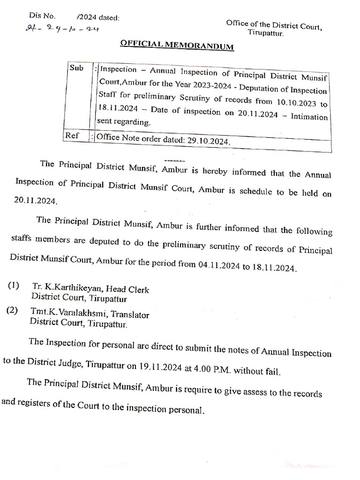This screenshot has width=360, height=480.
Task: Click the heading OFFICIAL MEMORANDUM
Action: [x=177, y=45]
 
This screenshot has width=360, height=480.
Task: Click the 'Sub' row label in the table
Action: [x=76, y=68]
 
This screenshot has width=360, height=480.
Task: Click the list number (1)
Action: [x=15, y=286]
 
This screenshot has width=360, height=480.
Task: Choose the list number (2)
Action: [x=13, y=311]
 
